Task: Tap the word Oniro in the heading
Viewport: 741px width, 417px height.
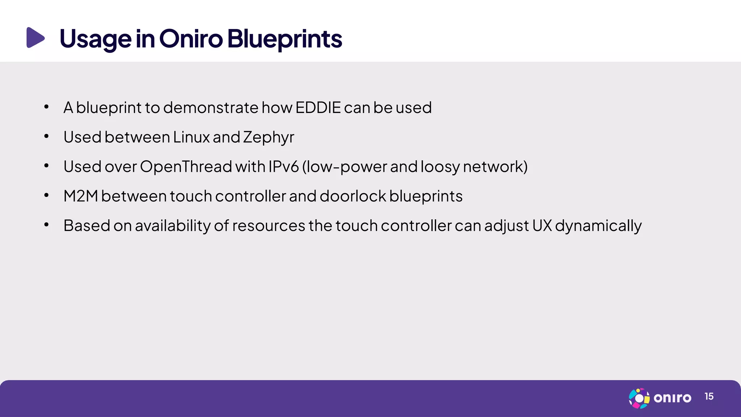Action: (191, 38)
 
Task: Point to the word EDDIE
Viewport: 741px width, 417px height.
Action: (318, 108)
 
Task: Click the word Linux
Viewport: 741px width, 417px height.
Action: (191, 137)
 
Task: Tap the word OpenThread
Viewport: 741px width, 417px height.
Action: (186, 167)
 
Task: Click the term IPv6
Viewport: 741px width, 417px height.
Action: (283, 167)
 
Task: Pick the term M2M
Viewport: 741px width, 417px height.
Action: (81, 196)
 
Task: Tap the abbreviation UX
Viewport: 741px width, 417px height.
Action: (542, 226)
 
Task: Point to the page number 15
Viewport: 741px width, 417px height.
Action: (709, 397)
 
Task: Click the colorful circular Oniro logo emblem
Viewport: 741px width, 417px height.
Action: (639, 398)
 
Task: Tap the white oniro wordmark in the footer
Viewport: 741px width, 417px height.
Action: (672, 398)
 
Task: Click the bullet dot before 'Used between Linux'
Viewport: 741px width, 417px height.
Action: (46, 136)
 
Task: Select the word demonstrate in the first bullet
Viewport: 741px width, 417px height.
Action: (211, 108)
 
